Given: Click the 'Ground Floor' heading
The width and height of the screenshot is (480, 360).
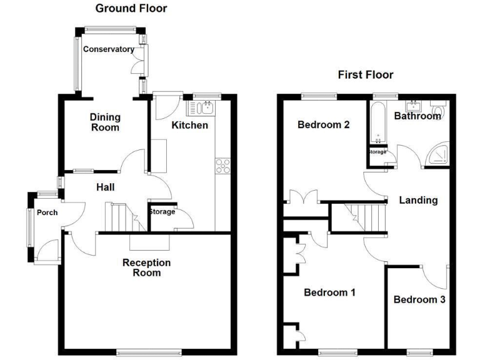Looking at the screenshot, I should pyautogui.click(x=131, y=9).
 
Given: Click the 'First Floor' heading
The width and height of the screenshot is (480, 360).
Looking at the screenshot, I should pyautogui.click(x=366, y=75).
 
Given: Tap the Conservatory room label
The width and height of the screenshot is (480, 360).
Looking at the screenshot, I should pyautogui.click(x=109, y=49).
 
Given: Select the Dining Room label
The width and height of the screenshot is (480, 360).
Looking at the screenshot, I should pyautogui.click(x=105, y=122).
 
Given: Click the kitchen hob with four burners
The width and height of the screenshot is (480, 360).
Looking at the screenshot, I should pyautogui.click(x=222, y=166).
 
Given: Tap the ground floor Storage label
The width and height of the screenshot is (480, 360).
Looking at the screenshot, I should pyautogui.click(x=161, y=212).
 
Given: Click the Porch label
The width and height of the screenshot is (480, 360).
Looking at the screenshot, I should pyautogui.click(x=47, y=212).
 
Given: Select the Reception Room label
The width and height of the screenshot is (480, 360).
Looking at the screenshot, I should pyautogui.click(x=146, y=267).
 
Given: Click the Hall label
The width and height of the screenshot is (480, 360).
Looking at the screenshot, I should pyautogui.click(x=105, y=187).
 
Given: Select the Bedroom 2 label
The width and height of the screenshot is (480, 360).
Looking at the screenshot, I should pyautogui.click(x=323, y=124).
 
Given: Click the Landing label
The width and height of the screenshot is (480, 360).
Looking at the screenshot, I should pyautogui.click(x=418, y=201).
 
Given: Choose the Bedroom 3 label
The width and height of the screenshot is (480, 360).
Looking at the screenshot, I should pyautogui.click(x=419, y=299).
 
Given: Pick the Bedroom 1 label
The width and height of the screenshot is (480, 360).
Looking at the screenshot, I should pyautogui.click(x=329, y=292).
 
